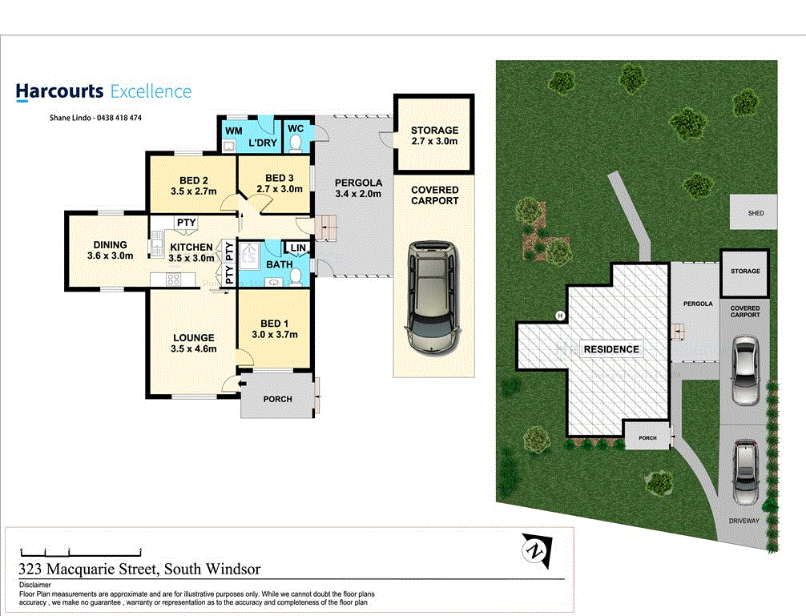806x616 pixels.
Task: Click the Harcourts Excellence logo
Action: [x=103, y=91]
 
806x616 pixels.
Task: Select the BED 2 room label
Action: [x=188, y=185]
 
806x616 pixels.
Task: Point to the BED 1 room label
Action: [x=274, y=328]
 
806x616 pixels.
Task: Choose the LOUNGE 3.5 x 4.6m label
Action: [x=192, y=343]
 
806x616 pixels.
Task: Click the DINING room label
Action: [x=110, y=251]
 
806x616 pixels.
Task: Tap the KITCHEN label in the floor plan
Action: [x=191, y=252]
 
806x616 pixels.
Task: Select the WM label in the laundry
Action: [x=233, y=129]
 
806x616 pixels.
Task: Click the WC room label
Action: [x=295, y=128]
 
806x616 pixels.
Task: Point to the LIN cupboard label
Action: [x=298, y=248]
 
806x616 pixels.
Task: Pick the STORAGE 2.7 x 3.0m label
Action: [x=434, y=135]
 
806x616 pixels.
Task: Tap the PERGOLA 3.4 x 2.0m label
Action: [x=358, y=187]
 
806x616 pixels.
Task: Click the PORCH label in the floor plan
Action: [x=277, y=399]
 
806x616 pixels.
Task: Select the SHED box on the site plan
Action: [x=756, y=213]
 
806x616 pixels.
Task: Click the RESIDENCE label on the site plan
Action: [x=611, y=349]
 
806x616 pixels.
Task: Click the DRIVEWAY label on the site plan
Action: [x=744, y=521]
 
